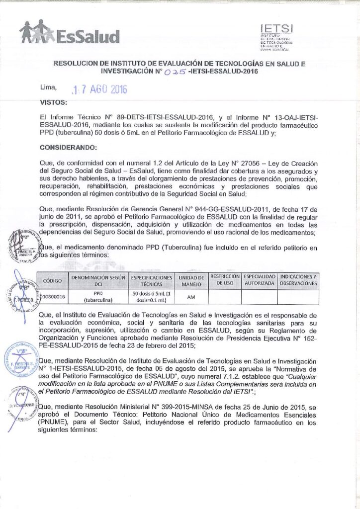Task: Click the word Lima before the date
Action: coord(48,88)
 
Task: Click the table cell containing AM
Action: coord(191,297)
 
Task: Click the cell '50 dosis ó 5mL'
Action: coord(151,297)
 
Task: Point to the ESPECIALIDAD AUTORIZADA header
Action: coord(259,279)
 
